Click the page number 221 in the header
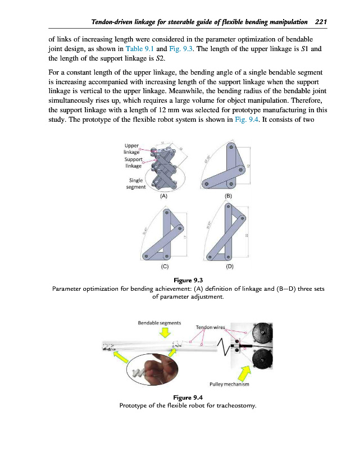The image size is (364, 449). [x=321, y=22]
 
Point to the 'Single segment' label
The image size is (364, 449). [x=135, y=183]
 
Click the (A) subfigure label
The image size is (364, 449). [x=163, y=196]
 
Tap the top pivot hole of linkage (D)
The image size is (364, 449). [x=228, y=207]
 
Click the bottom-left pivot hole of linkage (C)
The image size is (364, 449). [x=145, y=255]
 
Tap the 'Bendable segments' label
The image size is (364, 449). [x=159, y=322]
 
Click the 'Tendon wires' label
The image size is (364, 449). [x=210, y=327]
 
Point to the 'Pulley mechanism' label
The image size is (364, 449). [x=229, y=384]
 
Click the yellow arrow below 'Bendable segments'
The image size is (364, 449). [x=165, y=333]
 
